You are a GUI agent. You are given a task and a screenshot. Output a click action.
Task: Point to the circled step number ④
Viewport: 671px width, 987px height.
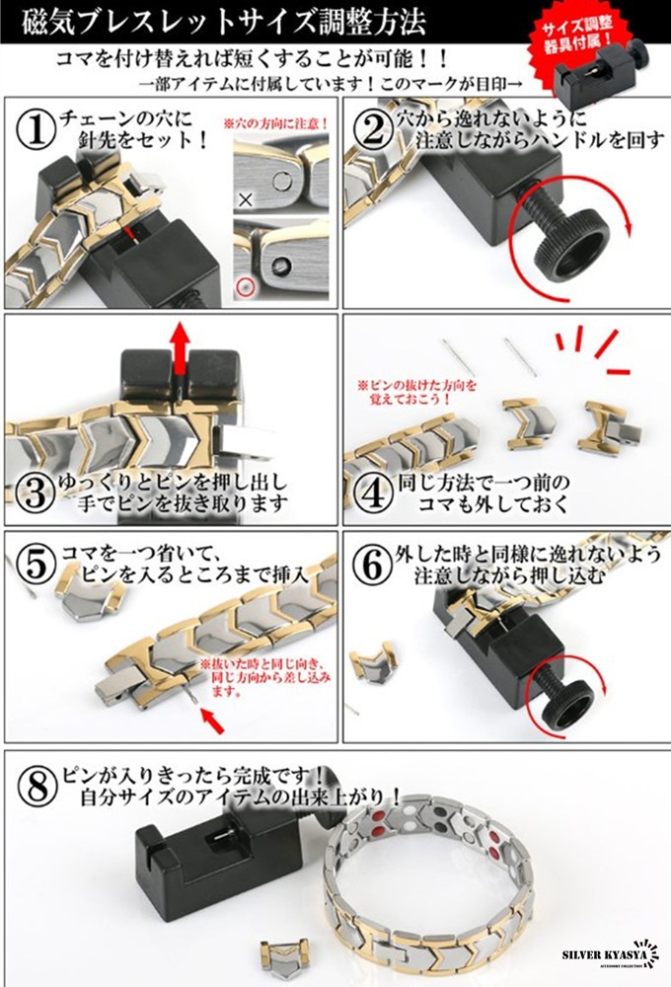click(373, 487)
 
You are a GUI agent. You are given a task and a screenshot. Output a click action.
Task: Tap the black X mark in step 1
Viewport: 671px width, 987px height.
click(245, 199)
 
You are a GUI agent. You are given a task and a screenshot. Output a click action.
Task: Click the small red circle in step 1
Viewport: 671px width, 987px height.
click(246, 287)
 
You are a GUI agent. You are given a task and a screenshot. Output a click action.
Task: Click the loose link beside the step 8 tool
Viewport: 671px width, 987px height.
click(279, 954)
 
